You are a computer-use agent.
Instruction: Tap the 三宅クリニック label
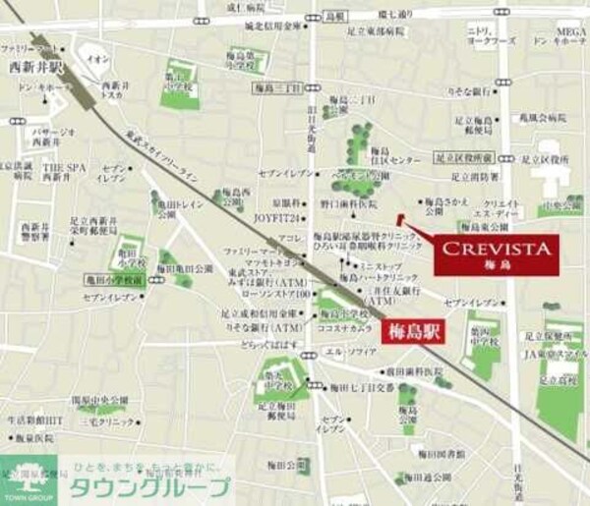tap(101, 420)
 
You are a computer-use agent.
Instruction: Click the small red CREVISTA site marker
tap(398, 218)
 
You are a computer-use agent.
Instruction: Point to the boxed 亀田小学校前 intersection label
tap(114, 280)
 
